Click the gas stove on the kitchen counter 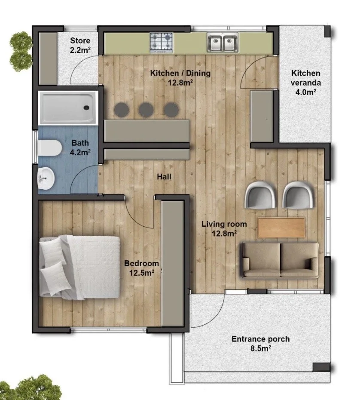(x=161, y=43)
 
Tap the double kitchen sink (x=223, y=42)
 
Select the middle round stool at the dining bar (x=146, y=110)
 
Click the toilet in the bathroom (x=50, y=148)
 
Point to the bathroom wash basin (x=46, y=178)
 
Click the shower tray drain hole (x=87, y=108)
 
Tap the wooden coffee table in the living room (x=281, y=228)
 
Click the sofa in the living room (x=280, y=260)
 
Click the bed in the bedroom (x=79, y=267)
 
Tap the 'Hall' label (x=164, y=177)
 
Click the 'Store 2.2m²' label (x=80, y=45)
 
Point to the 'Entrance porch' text (x=261, y=339)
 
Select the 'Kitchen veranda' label (x=306, y=78)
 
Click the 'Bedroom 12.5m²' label (x=142, y=268)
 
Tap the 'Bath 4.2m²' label (x=80, y=148)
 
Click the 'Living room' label (x=224, y=224)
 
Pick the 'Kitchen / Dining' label (x=180, y=73)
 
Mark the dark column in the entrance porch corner (x=321, y=367)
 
